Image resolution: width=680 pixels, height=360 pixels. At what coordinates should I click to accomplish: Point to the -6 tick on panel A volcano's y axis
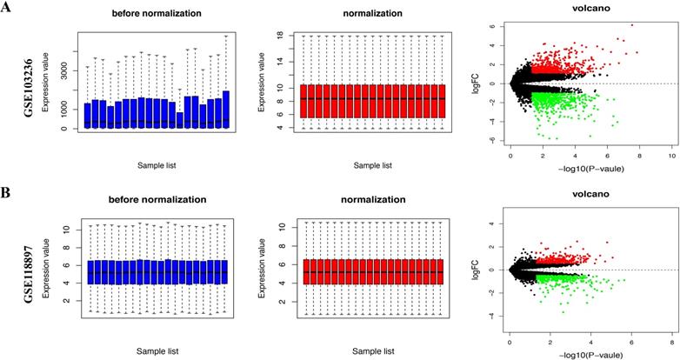(491, 140)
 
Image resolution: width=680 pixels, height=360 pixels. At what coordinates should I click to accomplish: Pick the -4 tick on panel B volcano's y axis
(491, 317)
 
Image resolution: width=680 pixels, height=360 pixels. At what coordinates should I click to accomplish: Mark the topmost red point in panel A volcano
(632, 24)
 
